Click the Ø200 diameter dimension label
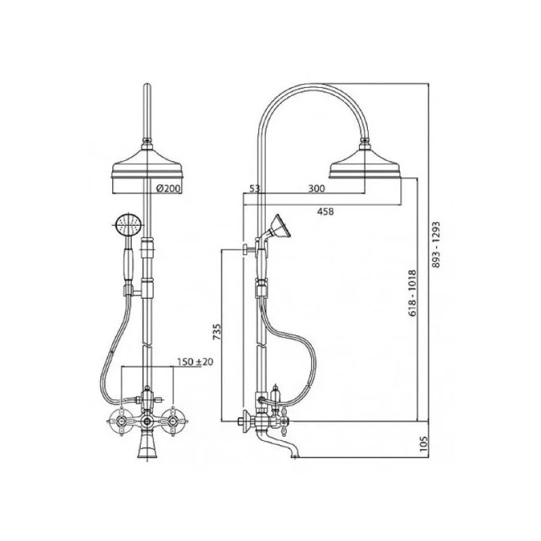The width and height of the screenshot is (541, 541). tap(168, 189)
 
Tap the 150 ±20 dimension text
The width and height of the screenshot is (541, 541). tap(195, 362)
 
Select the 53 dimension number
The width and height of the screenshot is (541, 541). tap(254, 188)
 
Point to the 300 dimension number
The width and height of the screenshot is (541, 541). tap(316, 188)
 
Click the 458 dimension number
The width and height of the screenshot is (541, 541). tap(325, 211)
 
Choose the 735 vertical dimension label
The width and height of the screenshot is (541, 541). tap(216, 331)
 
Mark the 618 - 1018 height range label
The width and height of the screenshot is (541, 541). tap(413, 293)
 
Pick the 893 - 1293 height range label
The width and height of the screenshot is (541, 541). tap(436, 245)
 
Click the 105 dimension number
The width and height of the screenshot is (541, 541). tap(424, 444)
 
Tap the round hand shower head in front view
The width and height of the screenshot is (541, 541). tap(128, 225)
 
